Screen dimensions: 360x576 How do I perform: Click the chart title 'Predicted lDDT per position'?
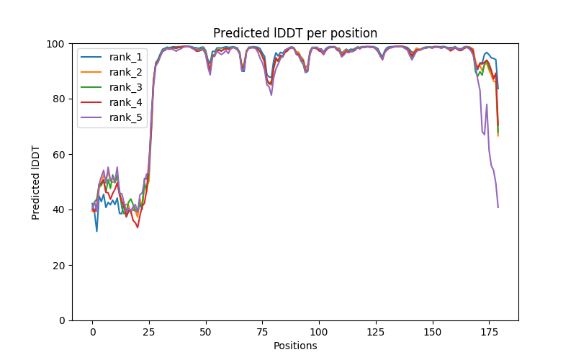(x=294, y=33)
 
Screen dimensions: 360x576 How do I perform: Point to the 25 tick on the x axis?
(x=149, y=332)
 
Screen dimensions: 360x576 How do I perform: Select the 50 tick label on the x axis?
(x=206, y=332)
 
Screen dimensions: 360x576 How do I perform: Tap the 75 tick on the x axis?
(x=262, y=332)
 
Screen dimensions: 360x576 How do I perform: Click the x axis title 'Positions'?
(x=294, y=346)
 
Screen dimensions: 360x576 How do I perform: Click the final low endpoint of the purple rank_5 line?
(x=498, y=207)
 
